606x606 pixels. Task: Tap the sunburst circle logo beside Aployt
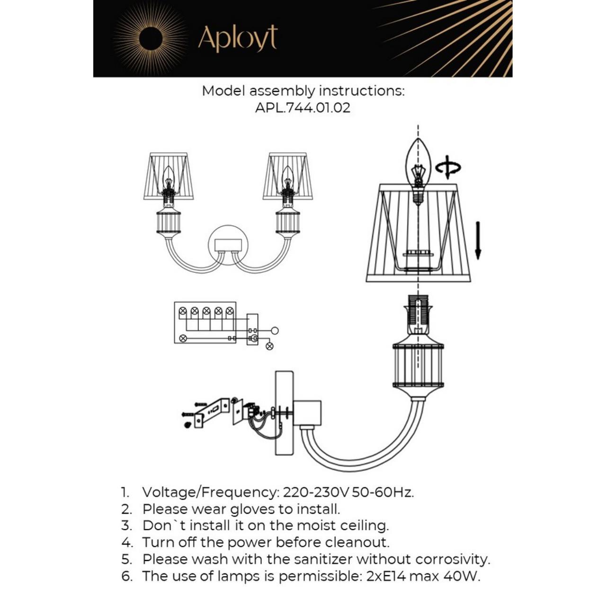pos(151,38)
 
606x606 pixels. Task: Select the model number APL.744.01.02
pos(303,107)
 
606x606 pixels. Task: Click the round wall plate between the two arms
pos(228,245)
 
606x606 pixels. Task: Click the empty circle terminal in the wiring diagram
pos(275,330)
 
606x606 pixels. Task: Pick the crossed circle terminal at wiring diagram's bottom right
pos(269,346)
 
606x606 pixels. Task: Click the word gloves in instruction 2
pos(253,509)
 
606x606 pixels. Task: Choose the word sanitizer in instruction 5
pos(323,559)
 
